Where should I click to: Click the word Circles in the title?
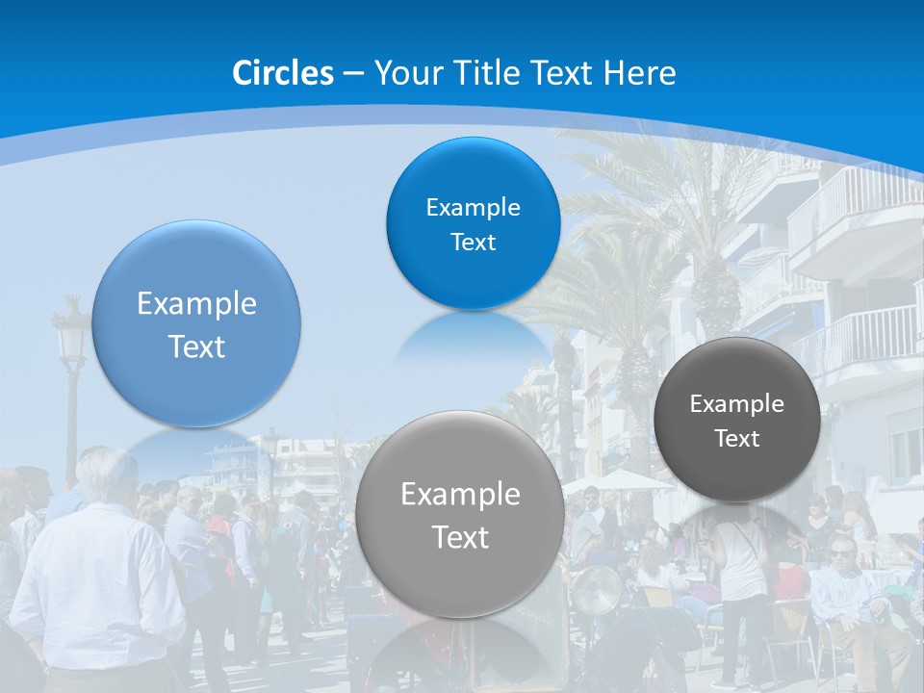pyautogui.click(x=283, y=73)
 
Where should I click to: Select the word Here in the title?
pyautogui.click(x=640, y=73)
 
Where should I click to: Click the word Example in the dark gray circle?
pyautogui.click(x=737, y=404)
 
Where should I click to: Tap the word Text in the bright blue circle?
pyautogui.click(x=473, y=243)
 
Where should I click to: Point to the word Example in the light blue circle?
pyautogui.click(x=196, y=304)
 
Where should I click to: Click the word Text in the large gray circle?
pyautogui.click(x=460, y=537)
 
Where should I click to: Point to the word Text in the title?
pyautogui.click(x=564, y=73)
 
